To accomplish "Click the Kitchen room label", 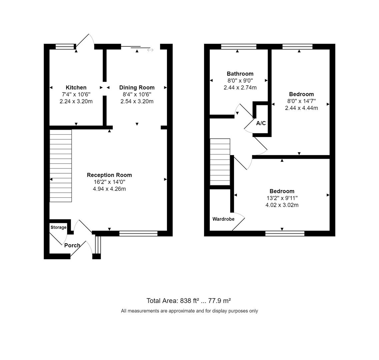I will [x=76, y=88].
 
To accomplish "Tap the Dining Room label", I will [x=137, y=88].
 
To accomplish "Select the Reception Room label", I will [x=109, y=175].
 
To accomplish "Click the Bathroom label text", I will [x=240, y=74].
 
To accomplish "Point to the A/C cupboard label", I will [x=261, y=123].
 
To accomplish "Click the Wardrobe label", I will [x=223, y=219].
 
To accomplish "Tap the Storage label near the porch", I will [x=58, y=227].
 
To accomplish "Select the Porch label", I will [x=72, y=245].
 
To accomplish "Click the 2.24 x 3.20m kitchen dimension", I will [x=76, y=101].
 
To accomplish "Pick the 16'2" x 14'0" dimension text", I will [x=109, y=182].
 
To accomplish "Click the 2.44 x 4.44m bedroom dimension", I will [x=301, y=108].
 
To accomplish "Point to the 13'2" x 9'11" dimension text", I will [x=282, y=198].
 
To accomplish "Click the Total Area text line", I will [x=189, y=301].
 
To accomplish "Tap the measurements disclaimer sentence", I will [x=189, y=311].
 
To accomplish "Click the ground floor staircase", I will [x=61, y=166].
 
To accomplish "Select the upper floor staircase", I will [x=220, y=162].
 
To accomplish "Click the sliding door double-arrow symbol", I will [x=150, y=50].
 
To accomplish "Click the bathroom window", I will [x=239, y=47].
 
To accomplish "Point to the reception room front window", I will [x=138, y=233].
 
